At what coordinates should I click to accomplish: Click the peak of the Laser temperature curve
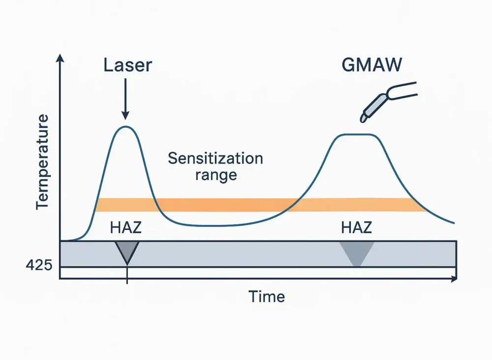pos(126,127)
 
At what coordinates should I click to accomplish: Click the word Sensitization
pos(215,159)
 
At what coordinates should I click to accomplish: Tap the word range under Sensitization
pos(216,175)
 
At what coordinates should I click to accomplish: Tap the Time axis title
pos(266,296)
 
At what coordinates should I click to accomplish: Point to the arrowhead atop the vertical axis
pos(60,59)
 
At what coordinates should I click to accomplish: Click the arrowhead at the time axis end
pos(454,279)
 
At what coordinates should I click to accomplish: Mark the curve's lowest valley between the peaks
pos(212,226)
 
